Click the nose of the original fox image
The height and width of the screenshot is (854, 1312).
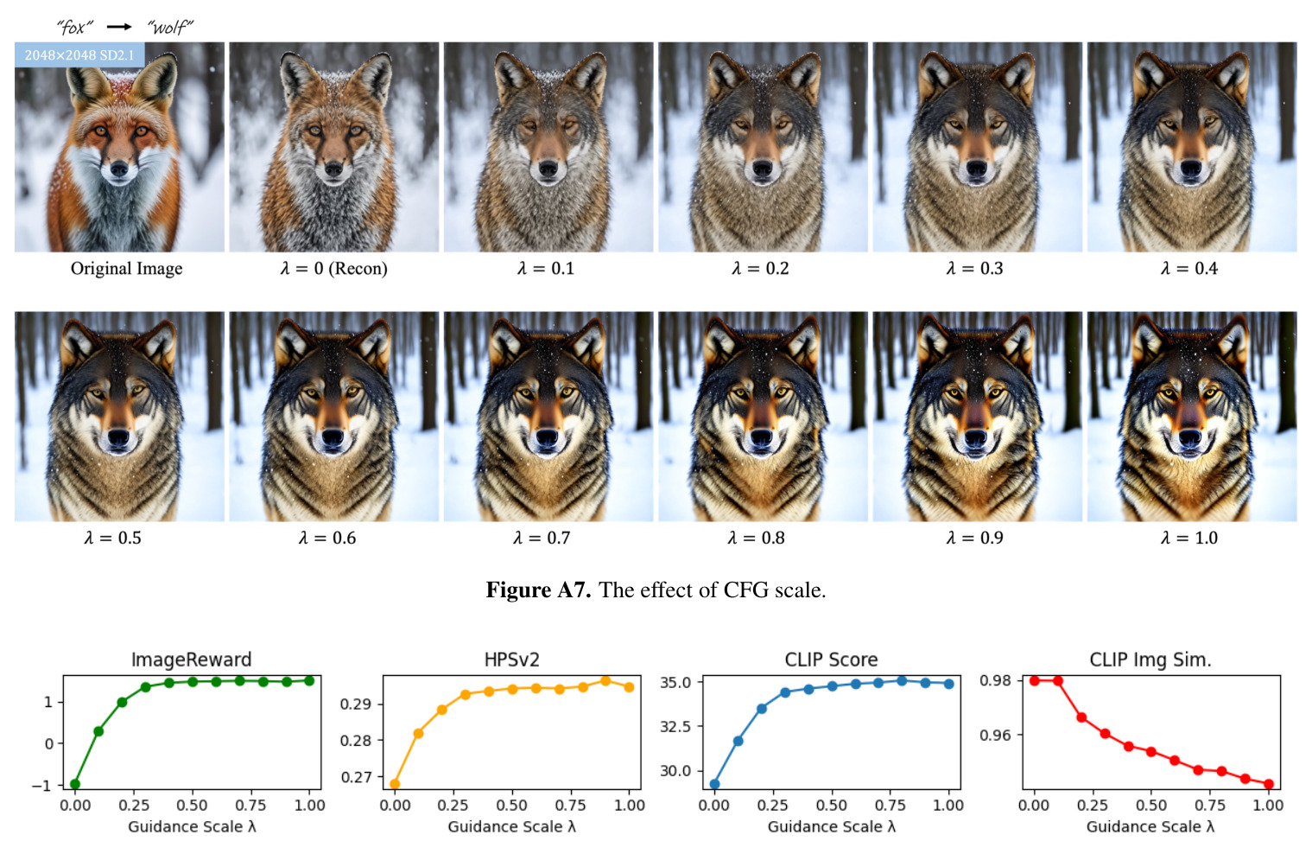coord(119,170)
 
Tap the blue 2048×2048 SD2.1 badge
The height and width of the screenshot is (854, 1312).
coord(79,55)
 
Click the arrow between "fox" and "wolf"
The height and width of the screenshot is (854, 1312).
coord(119,27)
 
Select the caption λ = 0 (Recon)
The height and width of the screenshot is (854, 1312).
coord(334,269)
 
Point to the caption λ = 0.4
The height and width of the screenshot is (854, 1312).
coord(1189,269)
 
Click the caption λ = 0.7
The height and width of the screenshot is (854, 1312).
coord(542,539)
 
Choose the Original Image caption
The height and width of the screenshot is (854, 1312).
coord(126,269)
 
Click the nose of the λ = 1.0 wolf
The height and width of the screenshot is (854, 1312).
coord(1189,437)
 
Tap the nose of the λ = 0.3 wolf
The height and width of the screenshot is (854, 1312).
coord(976,169)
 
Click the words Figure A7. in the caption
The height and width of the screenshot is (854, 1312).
coord(538,590)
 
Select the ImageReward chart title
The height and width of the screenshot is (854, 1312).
coord(192,660)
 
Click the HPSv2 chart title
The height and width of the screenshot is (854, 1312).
coord(512,660)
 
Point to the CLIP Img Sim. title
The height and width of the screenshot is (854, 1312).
coord(1150,660)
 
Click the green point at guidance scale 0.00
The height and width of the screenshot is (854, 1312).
coord(75,784)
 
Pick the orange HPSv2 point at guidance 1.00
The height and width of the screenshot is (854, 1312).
coord(629,687)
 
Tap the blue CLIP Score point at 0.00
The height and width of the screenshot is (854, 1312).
coord(714,784)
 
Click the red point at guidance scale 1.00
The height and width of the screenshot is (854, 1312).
coord(1269,784)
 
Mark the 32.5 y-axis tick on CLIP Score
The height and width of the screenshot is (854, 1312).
coord(675,726)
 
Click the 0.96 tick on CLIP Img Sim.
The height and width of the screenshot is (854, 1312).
coord(996,735)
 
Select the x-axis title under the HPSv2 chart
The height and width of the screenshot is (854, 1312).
coord(512,826)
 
